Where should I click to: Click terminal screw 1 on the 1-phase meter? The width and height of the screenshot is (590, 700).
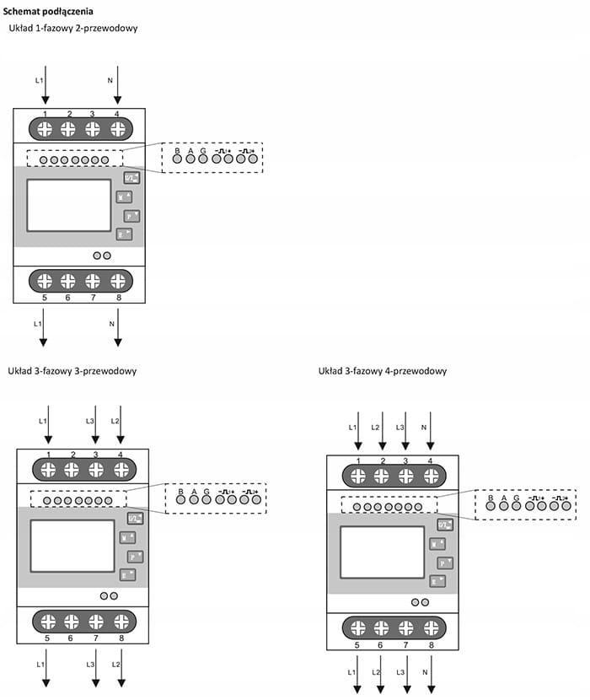point(45,129)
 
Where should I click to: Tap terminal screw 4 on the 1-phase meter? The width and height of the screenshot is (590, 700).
point(118,129)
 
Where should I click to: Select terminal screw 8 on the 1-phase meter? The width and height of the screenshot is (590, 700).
point(118,281)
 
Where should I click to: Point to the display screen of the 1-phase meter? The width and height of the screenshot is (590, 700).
point(69,205)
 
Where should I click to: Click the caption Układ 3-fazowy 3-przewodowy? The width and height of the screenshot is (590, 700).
point(72,370)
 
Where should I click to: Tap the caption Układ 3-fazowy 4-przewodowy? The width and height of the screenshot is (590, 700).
point(383,371)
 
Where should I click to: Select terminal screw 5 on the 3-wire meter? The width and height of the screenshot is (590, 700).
point(48,622)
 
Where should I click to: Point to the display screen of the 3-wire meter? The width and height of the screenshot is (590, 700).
point(72,547)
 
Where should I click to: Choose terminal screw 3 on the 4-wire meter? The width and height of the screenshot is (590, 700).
point(406,477)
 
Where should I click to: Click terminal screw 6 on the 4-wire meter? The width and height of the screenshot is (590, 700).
point(381,628)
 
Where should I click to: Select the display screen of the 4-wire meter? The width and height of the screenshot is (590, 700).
point(382,552)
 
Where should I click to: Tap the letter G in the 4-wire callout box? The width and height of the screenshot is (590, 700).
point(516,498)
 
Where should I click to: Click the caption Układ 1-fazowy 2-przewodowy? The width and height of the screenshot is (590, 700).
point(72,29)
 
